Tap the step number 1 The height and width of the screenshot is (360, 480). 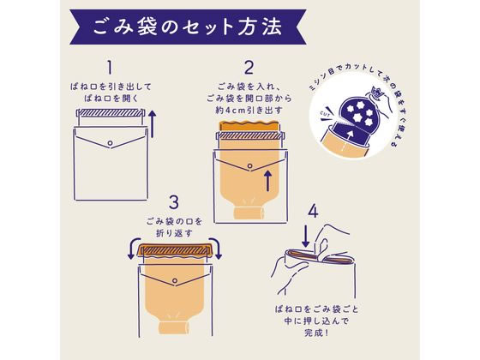pos(110,68)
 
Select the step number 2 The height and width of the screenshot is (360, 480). pos(250,68)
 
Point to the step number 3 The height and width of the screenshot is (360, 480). pos(174,203)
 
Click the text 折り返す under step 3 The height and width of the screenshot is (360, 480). pos(174,232)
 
